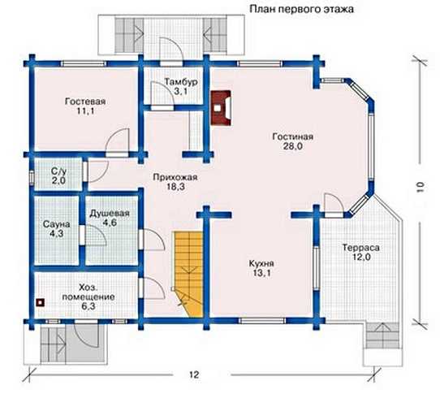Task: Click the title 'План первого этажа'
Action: (x=301, y=9)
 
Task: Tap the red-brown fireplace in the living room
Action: (x=221, y=107)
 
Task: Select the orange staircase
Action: (x=188, y=274)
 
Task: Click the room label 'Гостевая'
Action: (x=85, y=102)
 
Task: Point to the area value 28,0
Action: (x=293, y=146)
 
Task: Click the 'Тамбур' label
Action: (x=181, y=82)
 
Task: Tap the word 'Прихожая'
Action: (x=175, y=177)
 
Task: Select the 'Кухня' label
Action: (x=261, y=263)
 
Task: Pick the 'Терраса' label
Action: (x=361, y=248)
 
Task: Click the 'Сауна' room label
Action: (x=56, y=224)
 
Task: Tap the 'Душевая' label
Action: (x=110, y=214)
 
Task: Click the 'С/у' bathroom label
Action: (x=58, y=171)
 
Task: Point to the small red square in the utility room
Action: (x=41, y=302)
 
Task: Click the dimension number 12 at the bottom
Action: (x=194, y=375)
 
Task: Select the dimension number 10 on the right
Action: (x=420, y=187)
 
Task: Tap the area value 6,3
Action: (x=88, y=306)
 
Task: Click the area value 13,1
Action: (x=261, y=273)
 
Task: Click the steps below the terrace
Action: (x=382, y=335)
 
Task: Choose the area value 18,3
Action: (x=175, y=187)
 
